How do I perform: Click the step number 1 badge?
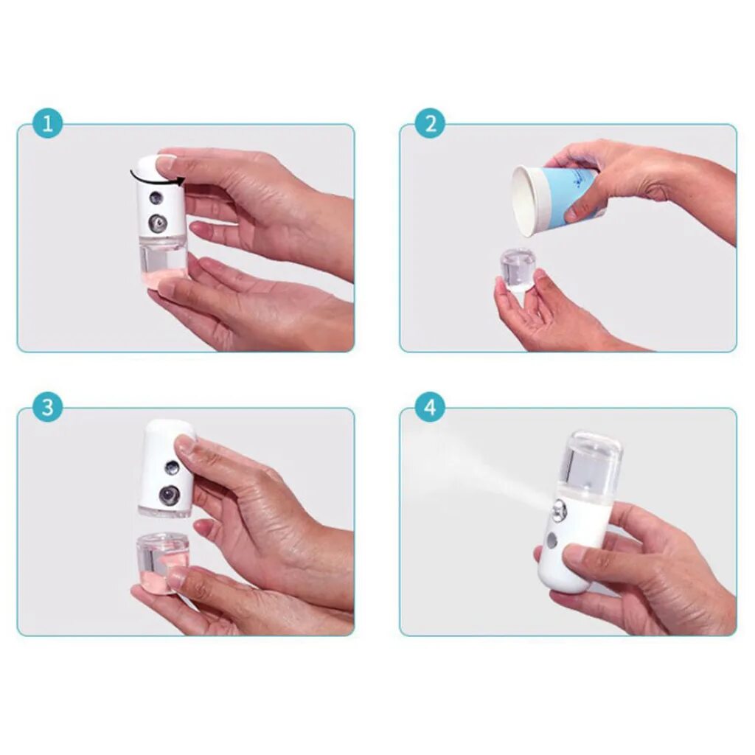[48, 124]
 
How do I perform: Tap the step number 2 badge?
[430, 124]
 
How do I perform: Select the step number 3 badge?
[48, 407]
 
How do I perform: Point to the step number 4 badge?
[430, 407]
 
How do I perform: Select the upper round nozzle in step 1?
[156, 198]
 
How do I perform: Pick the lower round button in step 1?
[158, 223]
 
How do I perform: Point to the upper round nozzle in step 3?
[171, 467]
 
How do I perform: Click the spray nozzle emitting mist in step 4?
[560, 510]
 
